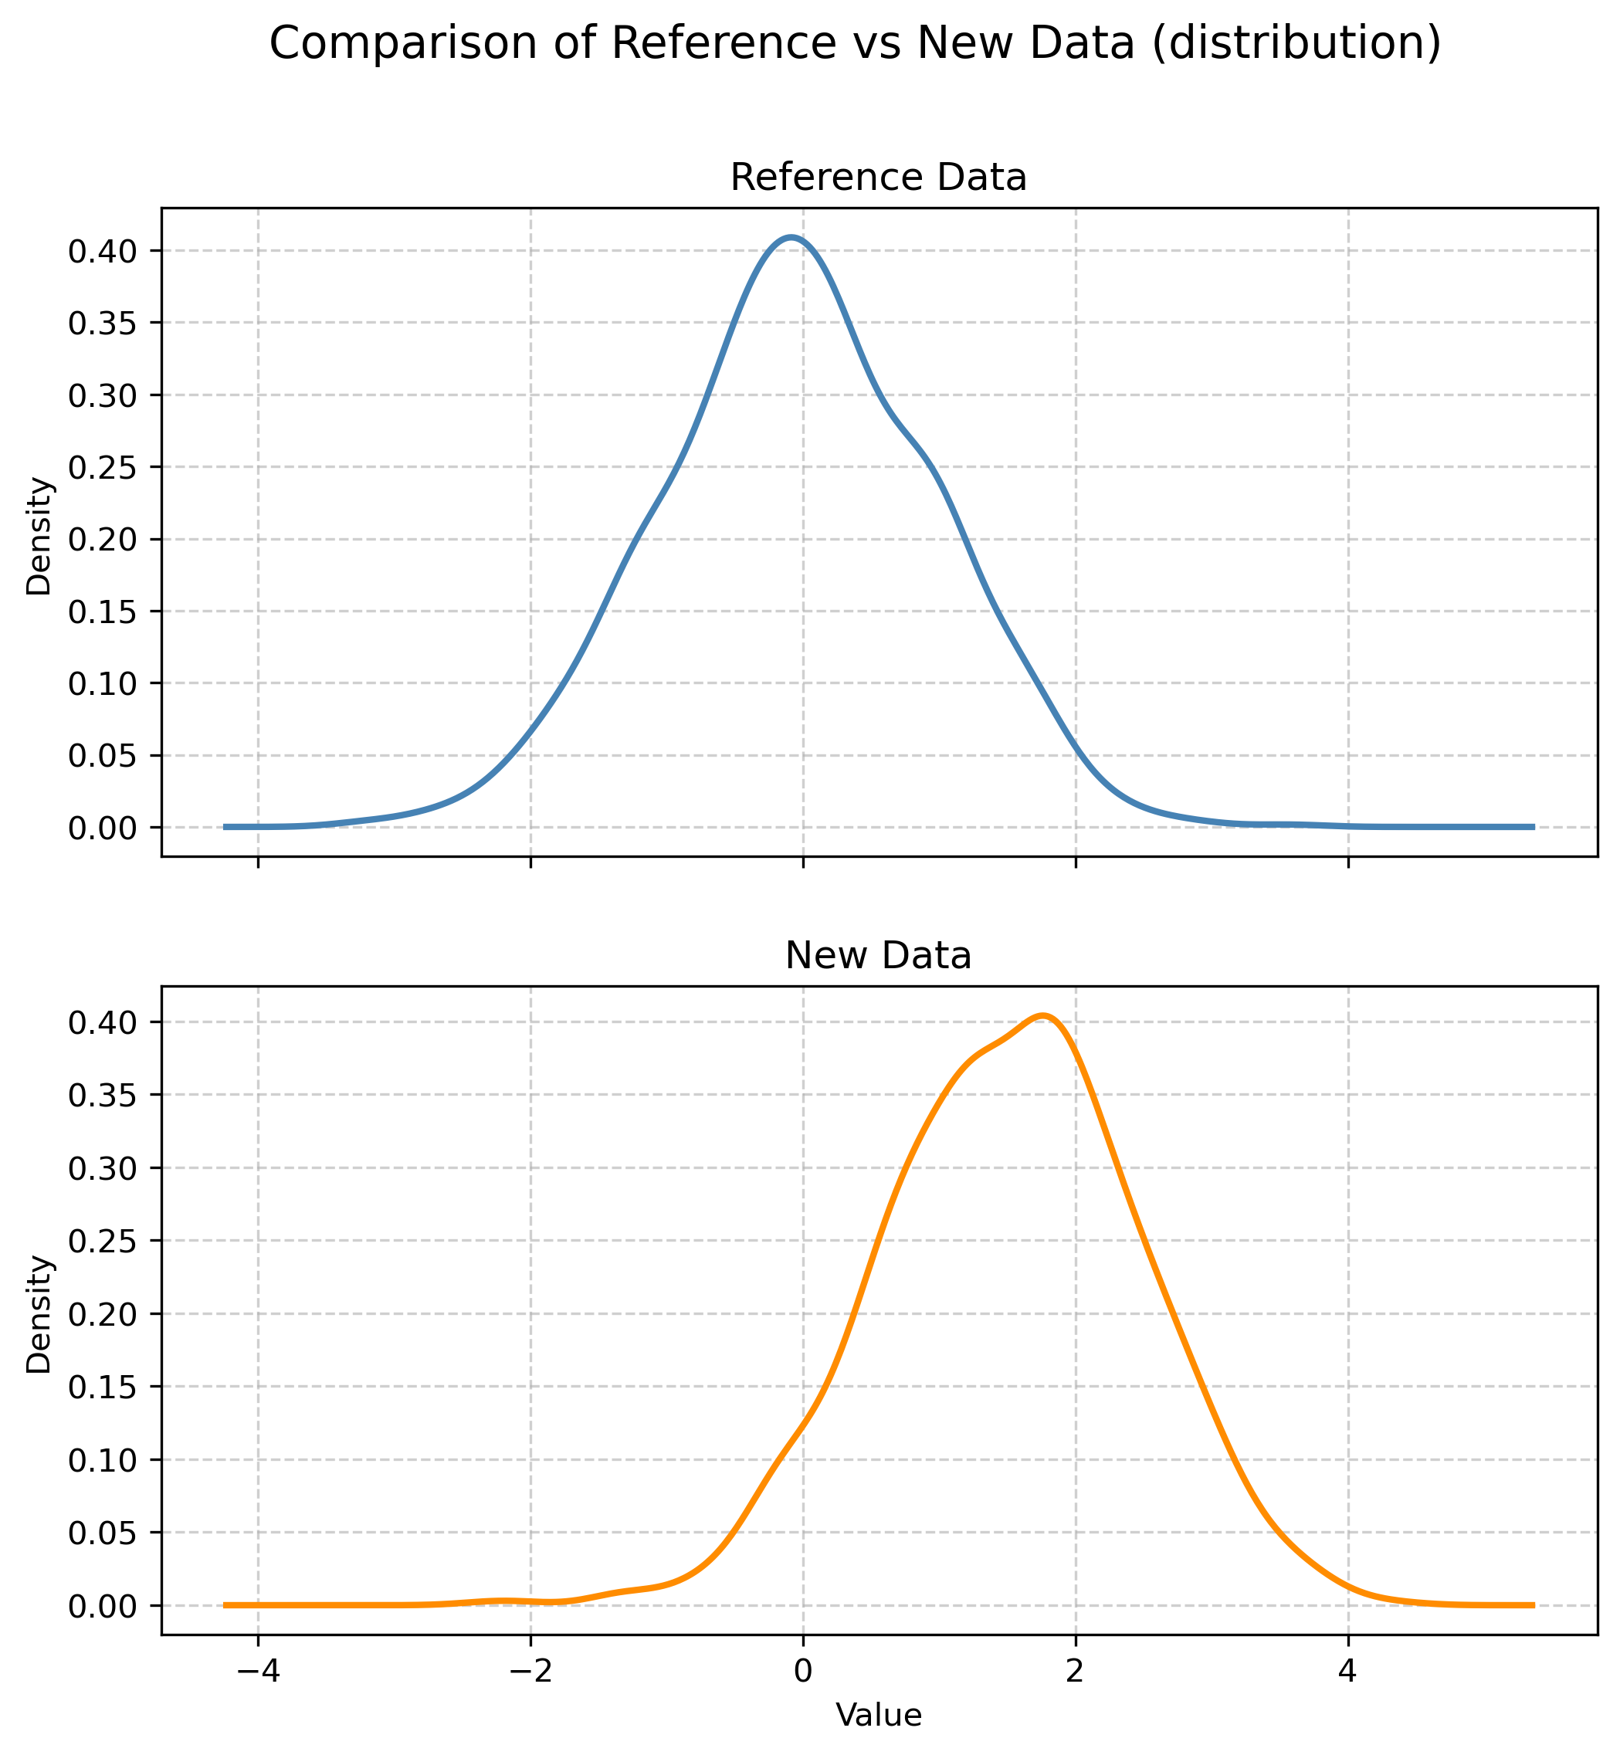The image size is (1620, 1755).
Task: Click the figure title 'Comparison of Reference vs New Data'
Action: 855,44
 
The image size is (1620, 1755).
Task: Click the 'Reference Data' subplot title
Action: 879,178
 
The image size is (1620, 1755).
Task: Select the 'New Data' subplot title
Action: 879,957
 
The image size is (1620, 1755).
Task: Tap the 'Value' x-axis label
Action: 879,1716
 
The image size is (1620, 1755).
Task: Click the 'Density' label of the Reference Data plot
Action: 39,536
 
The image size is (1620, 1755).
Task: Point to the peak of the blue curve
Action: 791,237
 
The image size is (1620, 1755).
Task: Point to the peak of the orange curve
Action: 1042,1016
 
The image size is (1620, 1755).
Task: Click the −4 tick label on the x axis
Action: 258,1671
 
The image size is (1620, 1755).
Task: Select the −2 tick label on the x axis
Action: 530,1671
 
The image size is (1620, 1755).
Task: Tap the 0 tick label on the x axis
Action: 803,1671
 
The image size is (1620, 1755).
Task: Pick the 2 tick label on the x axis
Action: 1076,1671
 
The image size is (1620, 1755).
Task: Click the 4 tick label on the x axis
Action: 1348,1671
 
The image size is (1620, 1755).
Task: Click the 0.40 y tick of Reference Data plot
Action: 103,252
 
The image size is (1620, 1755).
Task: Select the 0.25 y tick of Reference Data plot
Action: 103,467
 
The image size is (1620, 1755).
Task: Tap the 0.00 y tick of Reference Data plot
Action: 103,828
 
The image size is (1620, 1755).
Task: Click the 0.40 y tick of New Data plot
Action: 103,1022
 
